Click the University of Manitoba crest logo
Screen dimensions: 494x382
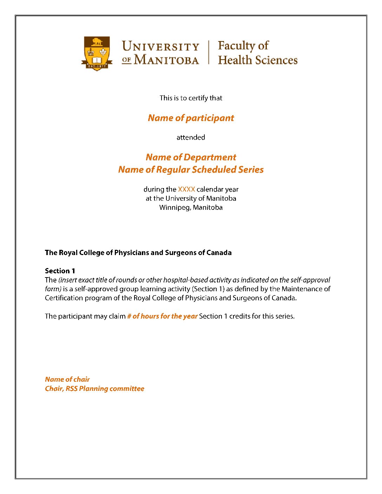click(97, 53)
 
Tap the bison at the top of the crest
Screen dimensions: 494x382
click(97, 42)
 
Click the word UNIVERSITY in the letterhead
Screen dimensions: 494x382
click(160, 46)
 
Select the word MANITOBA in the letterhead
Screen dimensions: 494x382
click(166, 60)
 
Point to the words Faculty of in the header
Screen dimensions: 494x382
click(243, 46)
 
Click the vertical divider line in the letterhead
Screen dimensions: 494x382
click(209, 52)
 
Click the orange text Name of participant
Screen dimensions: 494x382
click(191, 118)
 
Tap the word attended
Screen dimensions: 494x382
click(191, 137)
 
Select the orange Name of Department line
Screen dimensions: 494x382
click(191, 157)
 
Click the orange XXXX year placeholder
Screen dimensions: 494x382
click(186, 189)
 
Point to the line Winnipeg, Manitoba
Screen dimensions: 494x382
click(191, 207)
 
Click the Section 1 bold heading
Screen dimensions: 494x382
click(60, 271)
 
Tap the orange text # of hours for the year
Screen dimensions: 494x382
click(162, 316)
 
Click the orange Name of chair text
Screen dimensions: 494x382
click(67, 379)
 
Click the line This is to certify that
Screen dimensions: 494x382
click(191, 98)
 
